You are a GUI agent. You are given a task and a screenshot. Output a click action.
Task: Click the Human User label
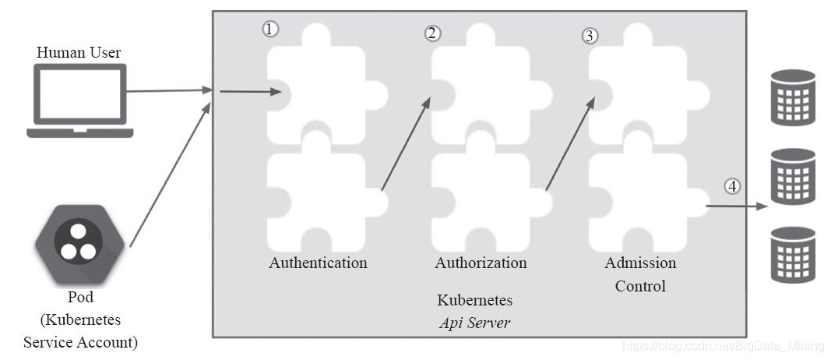79,53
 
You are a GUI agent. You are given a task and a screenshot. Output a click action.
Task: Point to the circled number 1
269,30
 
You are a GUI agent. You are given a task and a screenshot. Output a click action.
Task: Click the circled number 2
432,33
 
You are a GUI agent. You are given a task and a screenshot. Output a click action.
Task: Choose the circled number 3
590,36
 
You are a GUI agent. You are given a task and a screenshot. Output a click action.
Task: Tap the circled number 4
732,186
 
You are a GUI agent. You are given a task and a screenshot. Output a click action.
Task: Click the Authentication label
318,263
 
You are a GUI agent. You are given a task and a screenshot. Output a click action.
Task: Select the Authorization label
481,263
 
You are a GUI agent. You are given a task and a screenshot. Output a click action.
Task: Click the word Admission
640,263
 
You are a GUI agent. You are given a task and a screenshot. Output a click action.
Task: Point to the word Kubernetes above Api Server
474,301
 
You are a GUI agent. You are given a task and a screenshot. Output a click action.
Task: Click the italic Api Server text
474,323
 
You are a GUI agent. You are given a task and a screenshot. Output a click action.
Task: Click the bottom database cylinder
792,254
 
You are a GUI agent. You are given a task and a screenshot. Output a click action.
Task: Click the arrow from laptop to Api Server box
167,90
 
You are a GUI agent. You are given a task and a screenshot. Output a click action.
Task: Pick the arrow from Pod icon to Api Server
170,175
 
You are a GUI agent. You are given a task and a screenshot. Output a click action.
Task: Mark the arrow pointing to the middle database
736,207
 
